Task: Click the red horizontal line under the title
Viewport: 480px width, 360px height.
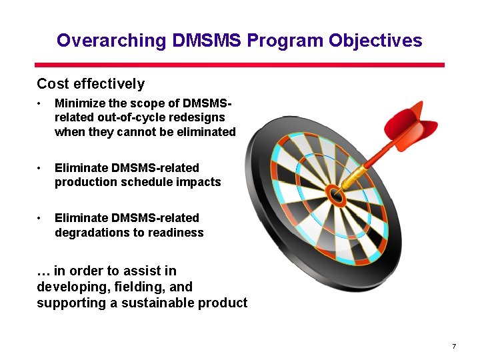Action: click(240, 65)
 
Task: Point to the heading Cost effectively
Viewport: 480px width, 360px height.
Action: click(91, 84)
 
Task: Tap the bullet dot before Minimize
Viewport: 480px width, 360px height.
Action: click(41, 104)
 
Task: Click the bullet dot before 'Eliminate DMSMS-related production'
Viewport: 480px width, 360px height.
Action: click(41, 168)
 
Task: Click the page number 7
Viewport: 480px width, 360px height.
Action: click(453, 346)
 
